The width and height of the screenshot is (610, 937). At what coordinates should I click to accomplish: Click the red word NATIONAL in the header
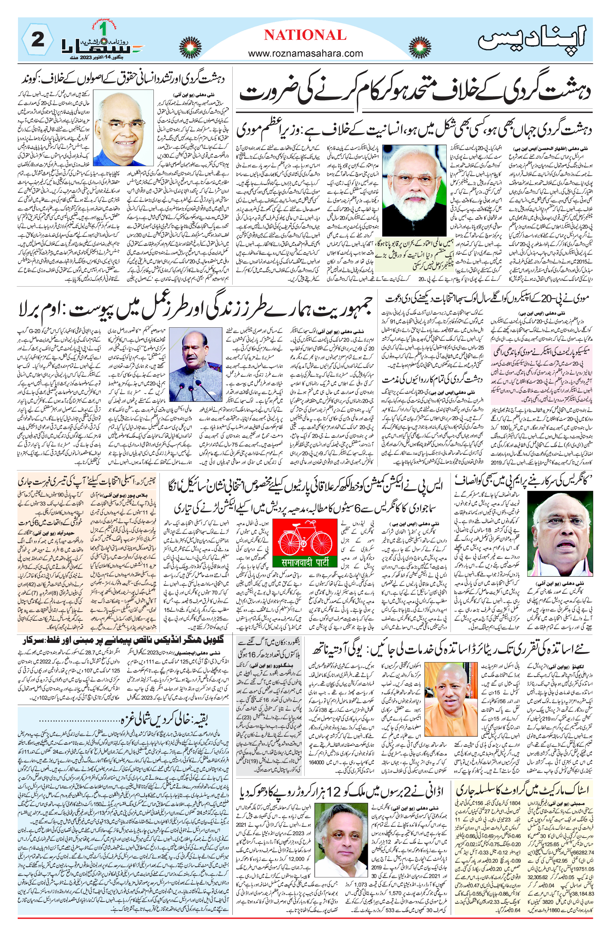point(305,35)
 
